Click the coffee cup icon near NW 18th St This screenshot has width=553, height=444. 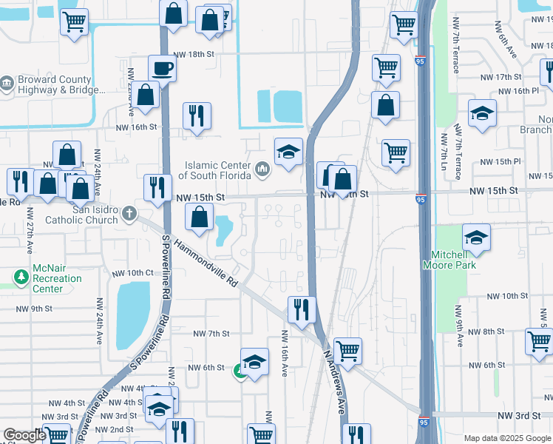tap(162, 69)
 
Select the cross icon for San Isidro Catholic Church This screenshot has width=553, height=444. tap(129, 214)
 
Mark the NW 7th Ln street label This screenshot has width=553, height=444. tap(445, 156)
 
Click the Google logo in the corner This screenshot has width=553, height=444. tap(24, 436)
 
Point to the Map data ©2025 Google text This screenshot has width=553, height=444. tap(506, 438)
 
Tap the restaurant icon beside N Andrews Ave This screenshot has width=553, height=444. tap(302, 310)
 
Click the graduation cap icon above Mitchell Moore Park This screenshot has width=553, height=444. tap(477, 238)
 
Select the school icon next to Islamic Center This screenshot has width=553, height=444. tap(288, 152)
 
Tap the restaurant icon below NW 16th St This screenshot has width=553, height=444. tap(197, 115)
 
